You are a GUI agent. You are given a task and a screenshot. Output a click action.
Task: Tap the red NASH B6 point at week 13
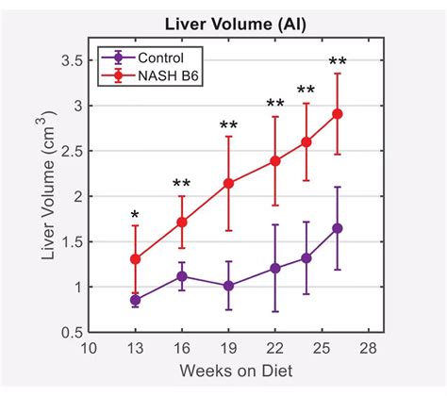[x=136, y=258]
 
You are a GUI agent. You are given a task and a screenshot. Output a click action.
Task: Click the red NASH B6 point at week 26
[x=337, y=114]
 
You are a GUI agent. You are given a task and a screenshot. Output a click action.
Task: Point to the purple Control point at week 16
[x=182, y=276]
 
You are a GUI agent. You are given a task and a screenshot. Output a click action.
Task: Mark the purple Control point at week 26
[x=337, y=228]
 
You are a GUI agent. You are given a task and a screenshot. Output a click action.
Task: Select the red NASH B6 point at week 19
[x=228, y=183]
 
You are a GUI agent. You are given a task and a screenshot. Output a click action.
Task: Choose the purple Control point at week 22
[x=274, y=268]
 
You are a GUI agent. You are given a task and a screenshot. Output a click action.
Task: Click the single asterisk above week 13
[x=136, y=216]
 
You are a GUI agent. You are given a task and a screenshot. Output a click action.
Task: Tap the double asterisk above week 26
[x=337, y=63]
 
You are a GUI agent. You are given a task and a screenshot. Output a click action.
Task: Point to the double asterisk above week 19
[x=228, y=125]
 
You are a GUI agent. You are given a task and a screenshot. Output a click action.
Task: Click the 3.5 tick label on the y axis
[x=69, y=59]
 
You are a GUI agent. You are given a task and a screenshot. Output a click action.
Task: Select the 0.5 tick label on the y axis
[x=69, y=333]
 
